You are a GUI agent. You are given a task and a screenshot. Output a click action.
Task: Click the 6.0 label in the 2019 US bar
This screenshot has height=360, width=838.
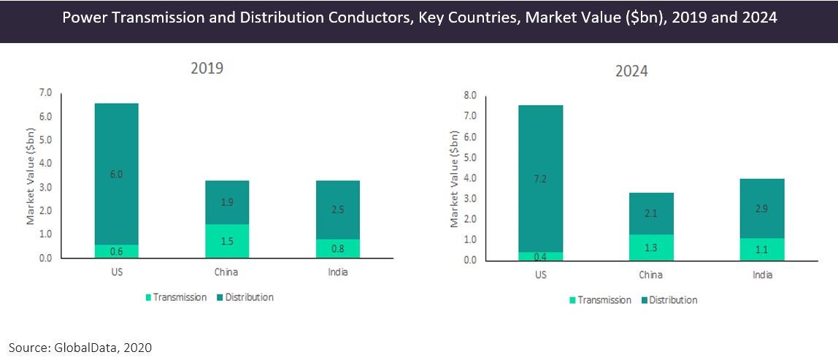[115, 175]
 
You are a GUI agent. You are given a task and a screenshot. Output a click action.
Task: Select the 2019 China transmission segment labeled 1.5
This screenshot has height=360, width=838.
[227, 242]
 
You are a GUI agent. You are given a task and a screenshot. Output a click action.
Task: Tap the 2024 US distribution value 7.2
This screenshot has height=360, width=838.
[541, 179]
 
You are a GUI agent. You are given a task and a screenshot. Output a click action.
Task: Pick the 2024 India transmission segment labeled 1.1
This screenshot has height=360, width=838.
[762, 250]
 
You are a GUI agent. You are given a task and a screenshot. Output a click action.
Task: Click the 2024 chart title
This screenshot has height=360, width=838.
[631, 72]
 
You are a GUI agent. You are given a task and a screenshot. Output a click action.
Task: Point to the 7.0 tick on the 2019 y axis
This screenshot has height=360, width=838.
[45, 93]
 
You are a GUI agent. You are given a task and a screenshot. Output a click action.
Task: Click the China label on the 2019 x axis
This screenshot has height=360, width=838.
[227, 272]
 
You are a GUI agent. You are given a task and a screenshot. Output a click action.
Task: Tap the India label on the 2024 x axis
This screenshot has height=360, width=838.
[762, 275]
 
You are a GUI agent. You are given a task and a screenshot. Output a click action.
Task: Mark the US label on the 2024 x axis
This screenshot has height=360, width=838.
[541, 275]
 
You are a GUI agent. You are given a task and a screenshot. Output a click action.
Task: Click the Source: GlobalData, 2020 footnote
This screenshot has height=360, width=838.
[80, 348]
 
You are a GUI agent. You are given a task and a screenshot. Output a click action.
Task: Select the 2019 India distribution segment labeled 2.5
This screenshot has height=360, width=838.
[337, 210]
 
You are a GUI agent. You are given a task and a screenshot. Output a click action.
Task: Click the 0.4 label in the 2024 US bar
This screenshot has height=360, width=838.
[541, 257]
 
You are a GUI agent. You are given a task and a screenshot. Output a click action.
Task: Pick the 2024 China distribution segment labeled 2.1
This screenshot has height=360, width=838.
[652, 213]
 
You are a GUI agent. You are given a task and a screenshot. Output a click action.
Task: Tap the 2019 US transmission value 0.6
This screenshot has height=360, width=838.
[115, 252]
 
